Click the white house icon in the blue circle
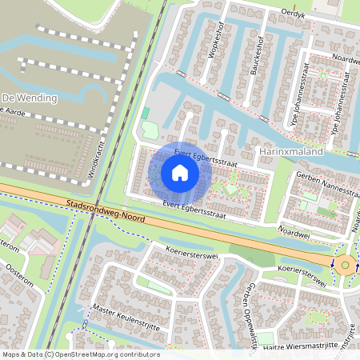[x=180, y=172]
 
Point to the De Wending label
[x=30, y=98]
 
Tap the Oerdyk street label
[x=294, y=14]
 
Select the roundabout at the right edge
[x=345, y=265]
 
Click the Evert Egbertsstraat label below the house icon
[x=193, y=210]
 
